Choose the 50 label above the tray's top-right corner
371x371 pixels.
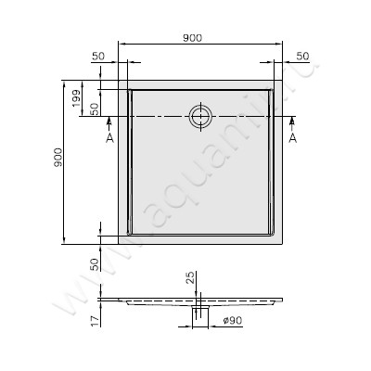click(302, 57)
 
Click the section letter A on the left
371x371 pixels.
click(109, 136)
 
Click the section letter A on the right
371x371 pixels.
click(293, 136)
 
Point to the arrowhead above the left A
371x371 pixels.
click(109, 122)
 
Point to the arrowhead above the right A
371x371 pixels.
click(293, 122)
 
